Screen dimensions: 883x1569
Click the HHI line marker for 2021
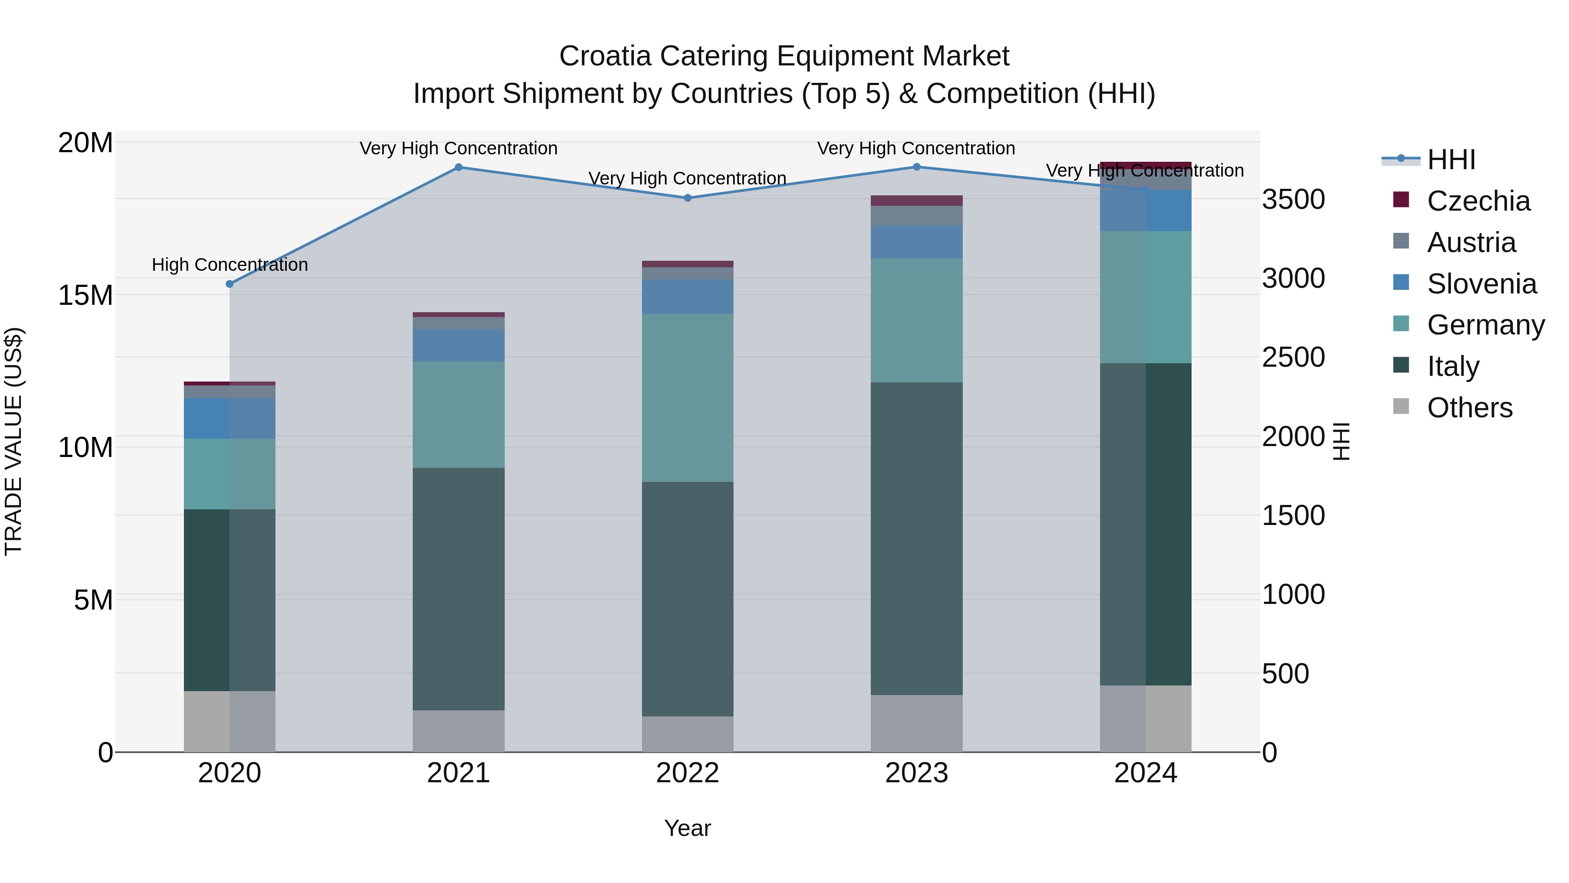[x=458, y=167]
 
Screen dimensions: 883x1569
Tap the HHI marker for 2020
[x=230, y=284]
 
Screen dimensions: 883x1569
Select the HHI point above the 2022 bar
[x=688, y=198]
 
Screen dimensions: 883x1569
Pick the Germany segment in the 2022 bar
[x=688, y=398]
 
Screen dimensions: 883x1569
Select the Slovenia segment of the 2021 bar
[x=458, y=345]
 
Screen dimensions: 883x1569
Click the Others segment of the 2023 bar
[x=916, y=723]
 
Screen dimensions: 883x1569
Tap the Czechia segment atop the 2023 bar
[x=916, y=201]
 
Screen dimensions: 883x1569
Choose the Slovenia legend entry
[x=1481, y=284]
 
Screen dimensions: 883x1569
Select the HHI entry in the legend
[x=1451, y=160]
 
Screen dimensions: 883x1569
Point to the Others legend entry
[x=1469, y=408]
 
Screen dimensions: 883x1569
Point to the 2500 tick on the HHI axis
[x=1293, y=357]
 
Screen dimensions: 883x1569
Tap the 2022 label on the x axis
[x=688, y=773]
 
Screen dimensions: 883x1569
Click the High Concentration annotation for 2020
[x=230, y=265]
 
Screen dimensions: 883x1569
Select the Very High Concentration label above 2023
[x=916, y=148]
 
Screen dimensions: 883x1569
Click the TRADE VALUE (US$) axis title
[x=14, y=441]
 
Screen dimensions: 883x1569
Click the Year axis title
[x=688, y=828]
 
